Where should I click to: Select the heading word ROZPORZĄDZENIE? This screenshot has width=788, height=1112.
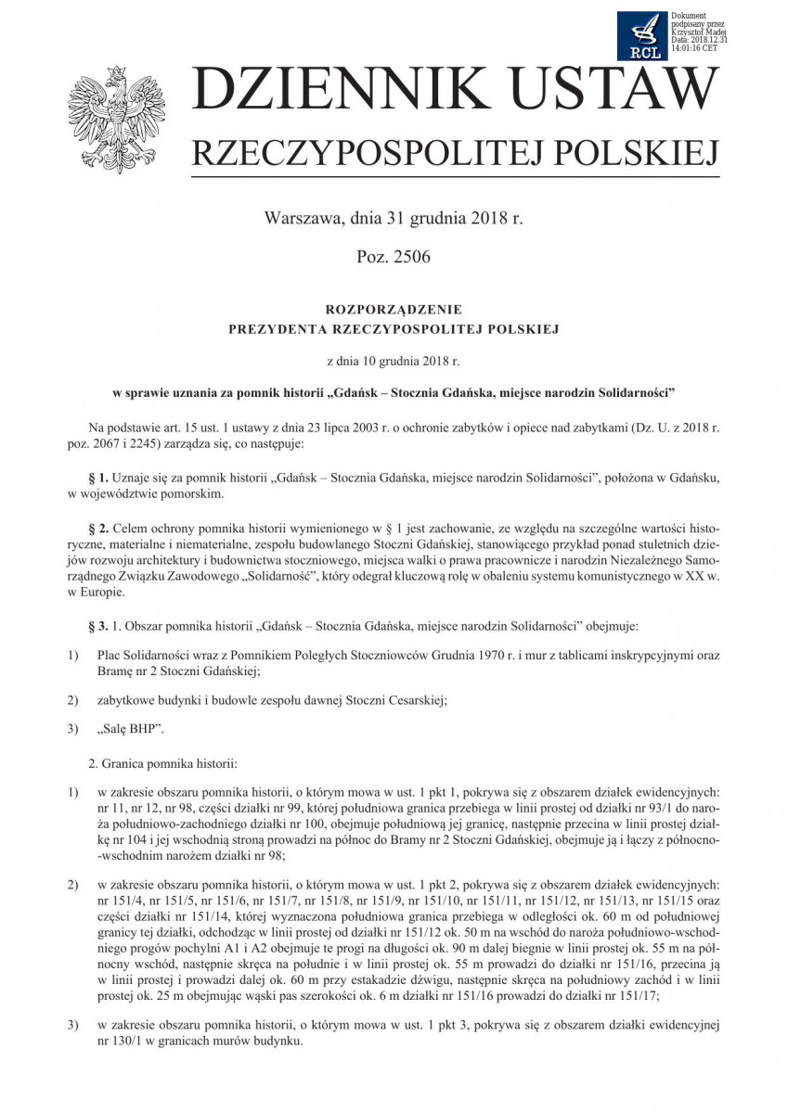394,309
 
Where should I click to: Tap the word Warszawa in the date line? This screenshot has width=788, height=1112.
303,219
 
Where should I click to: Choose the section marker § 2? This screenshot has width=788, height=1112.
98,528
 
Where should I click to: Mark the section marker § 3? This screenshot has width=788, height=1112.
98,615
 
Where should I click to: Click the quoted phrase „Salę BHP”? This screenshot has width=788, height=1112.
130,729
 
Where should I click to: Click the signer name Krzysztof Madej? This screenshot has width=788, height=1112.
697,32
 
